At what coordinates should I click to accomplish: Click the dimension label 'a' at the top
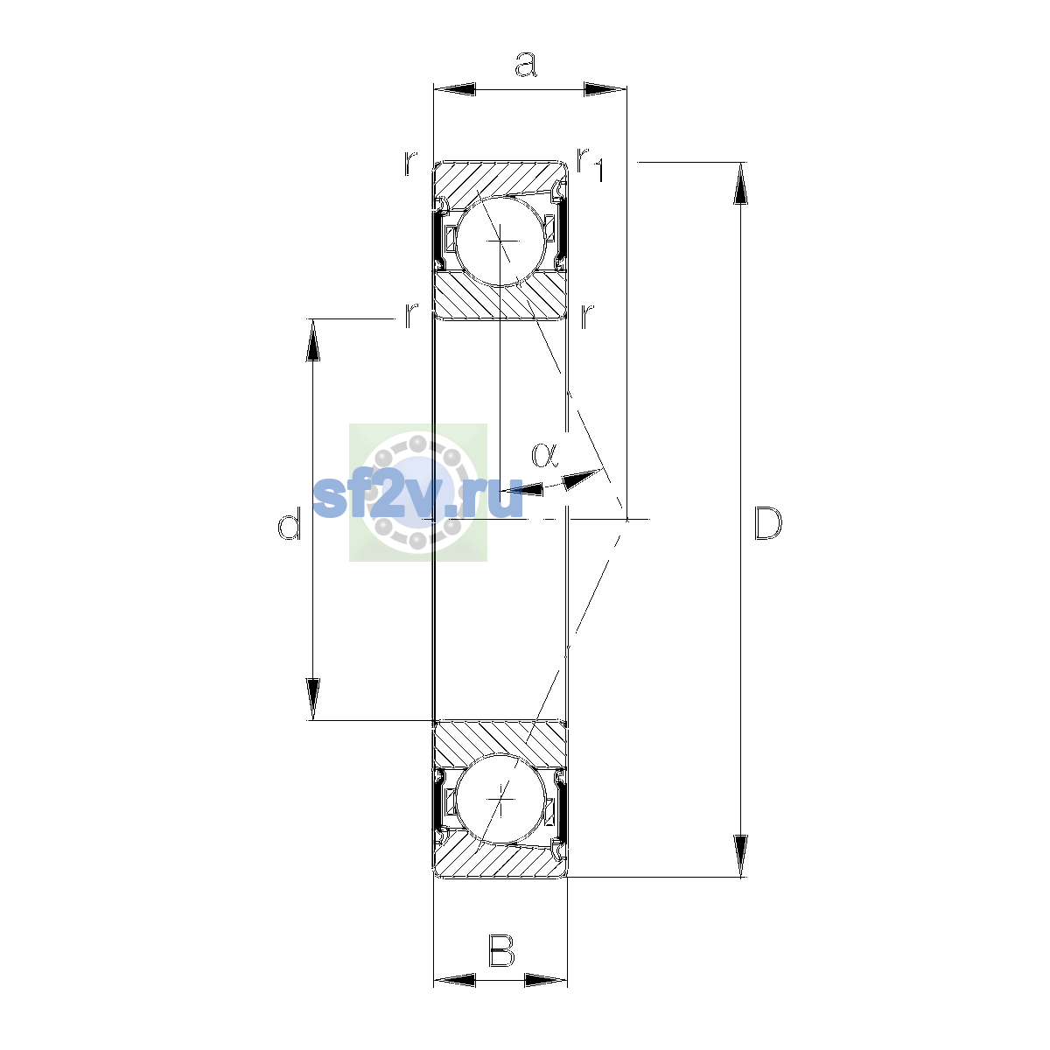coord(526,64)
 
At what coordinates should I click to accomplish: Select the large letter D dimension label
coord(767,523)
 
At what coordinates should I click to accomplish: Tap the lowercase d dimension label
coord(289,523)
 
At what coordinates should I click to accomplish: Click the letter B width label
coord(500,951)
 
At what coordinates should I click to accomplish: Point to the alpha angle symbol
coord(544,455)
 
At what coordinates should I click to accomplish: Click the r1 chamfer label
coord(590,164)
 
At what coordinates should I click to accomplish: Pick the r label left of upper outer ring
coord(410,163)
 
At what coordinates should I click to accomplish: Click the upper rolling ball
coord(500,241)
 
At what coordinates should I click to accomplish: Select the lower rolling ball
coord(500,800)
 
